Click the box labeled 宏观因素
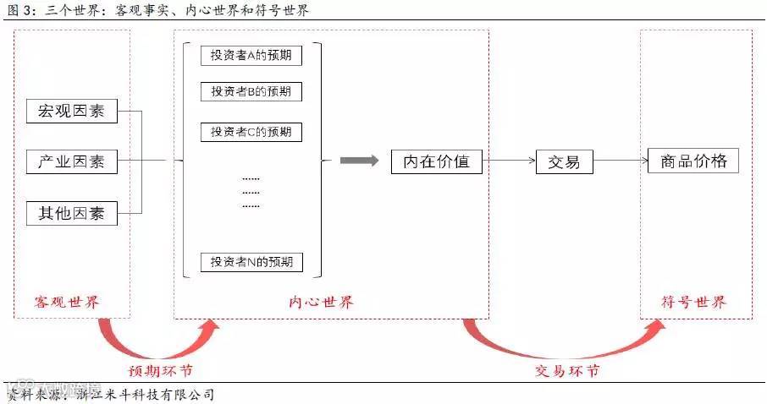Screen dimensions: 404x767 pos(71,110)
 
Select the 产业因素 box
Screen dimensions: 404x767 pos(71,161)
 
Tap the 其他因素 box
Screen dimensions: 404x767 pos(71,213)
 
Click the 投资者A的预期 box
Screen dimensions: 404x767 pos(251,55)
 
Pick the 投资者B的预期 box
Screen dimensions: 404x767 pos(251,91)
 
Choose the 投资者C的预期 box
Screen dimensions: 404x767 pos(251,132)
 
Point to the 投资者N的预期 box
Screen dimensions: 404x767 pos(251,262)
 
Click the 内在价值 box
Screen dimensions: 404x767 pos(436,161)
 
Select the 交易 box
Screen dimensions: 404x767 pos(564,161)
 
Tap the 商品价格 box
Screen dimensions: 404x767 pos(693,161)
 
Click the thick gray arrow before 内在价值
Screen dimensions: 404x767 pos(359,161)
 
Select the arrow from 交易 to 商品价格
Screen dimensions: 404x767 pos(620,161)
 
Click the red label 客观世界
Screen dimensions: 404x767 pos(71,302)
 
